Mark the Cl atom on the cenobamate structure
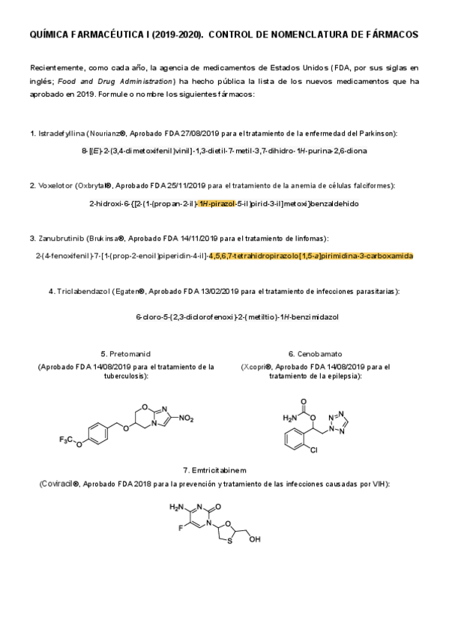tap(313, 451)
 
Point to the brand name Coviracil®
tap(59, 484)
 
